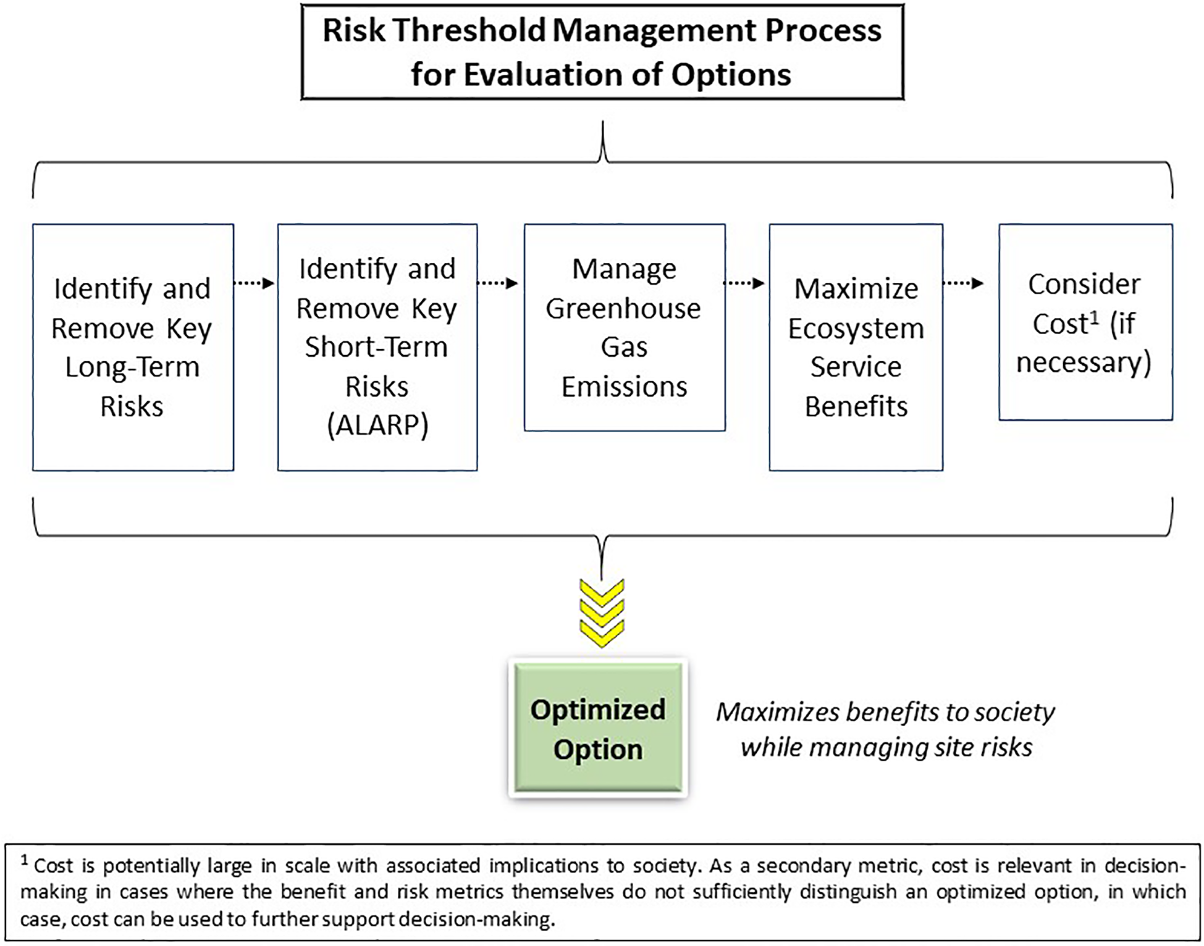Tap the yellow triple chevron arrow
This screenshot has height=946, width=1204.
[x=602, y=613]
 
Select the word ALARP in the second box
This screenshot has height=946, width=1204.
[x=377, y=425]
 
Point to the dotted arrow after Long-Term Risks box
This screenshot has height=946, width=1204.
[x=254, y=283]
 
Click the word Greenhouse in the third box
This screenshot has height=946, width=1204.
[x=623, y=309]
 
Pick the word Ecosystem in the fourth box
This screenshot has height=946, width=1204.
[x=856, y=329]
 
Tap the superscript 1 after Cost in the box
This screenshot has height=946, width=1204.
[x=1094, y=317]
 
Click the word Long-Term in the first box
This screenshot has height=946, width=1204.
[x=132, y=367]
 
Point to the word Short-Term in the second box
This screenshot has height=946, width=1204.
[x=376, y=347]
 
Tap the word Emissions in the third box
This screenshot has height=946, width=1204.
[x=624, y=387]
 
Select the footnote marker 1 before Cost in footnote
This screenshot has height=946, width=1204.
[x=25, y=860]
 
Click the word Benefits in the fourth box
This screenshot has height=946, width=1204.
[x=856, y=407]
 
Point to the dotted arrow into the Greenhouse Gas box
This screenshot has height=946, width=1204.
[x=498, y=283]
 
